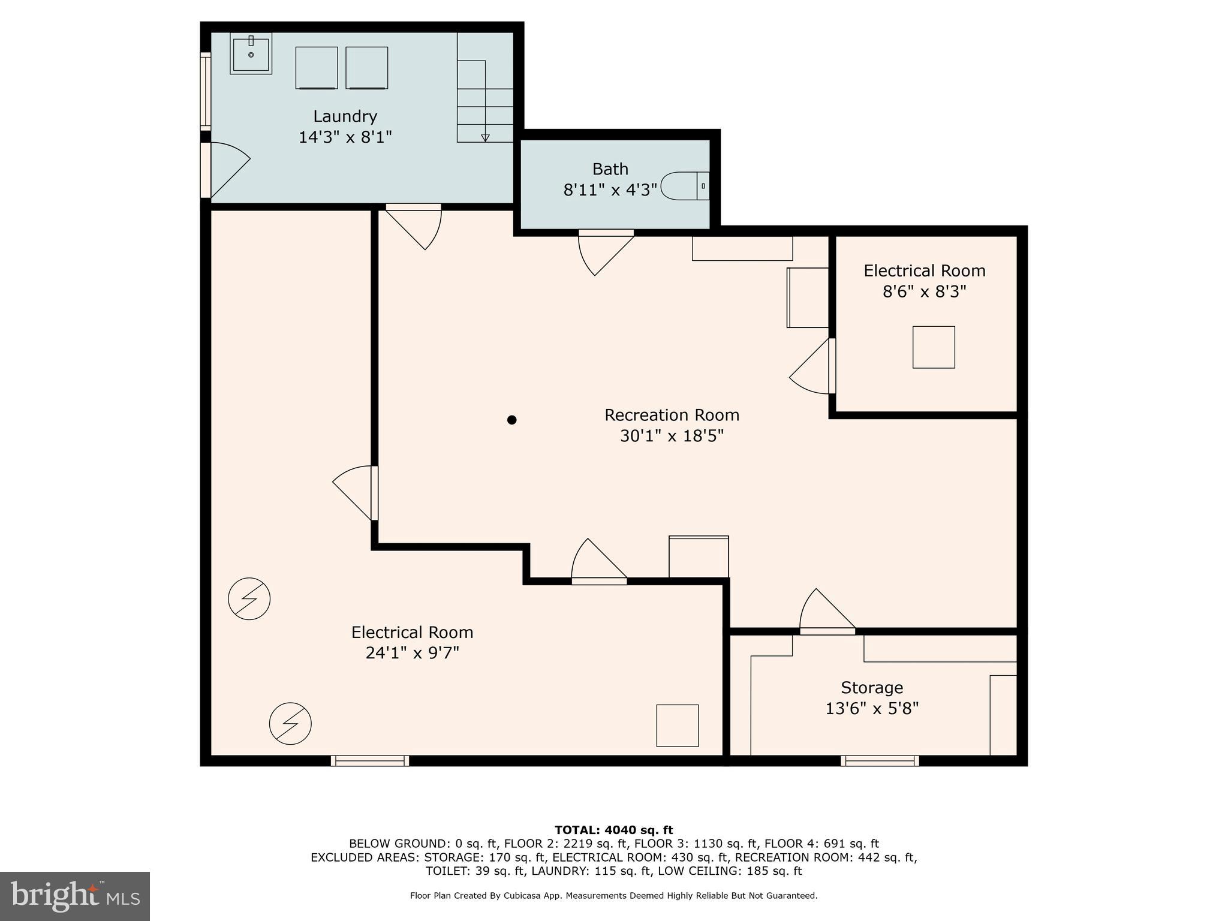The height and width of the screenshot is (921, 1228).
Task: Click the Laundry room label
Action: (345, 116)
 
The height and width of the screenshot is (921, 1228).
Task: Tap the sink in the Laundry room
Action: (251, 53)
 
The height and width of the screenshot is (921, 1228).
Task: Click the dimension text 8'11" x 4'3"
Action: (610, 190)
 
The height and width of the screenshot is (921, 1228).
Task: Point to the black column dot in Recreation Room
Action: (511, 420)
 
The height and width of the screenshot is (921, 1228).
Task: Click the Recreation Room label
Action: (672, 415)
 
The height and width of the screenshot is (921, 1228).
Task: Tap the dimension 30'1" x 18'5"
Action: (672, 436)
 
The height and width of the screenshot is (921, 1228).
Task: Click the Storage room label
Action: (871, 687)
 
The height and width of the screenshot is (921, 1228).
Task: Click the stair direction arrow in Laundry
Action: (485, 137)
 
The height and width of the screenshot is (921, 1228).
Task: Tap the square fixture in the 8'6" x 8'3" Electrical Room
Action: (933, 347)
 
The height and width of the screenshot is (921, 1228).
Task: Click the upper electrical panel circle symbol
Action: (249, 598)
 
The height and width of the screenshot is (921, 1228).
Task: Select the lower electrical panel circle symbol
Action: (290, 723)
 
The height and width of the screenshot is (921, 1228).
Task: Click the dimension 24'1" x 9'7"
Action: (412, 653)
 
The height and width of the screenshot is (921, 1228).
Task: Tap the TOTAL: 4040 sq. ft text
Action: (613, 830)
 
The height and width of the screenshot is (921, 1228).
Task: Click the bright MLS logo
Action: (75, 896)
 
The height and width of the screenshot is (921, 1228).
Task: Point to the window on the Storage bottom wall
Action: (879, 761)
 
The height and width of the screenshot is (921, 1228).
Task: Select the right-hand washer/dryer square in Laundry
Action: (366, 68)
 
